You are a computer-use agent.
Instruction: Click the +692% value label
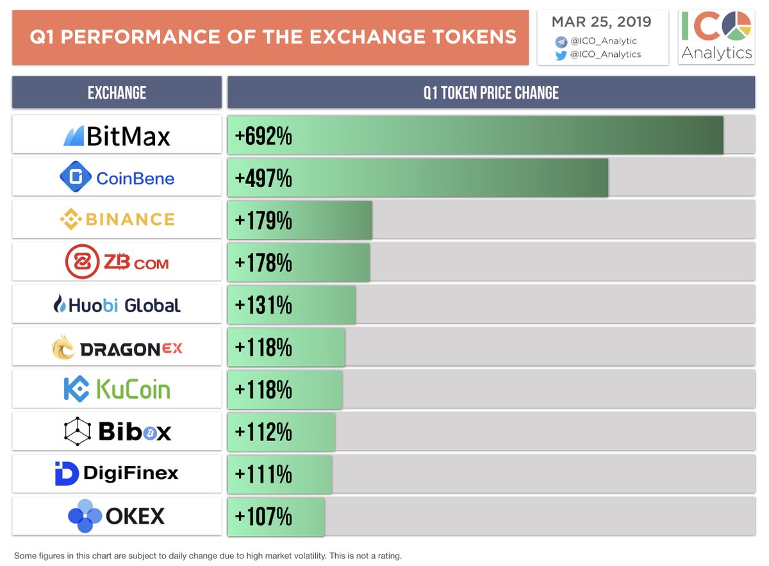[x=263, y=136]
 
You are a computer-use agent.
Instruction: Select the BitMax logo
[x=117, y=136]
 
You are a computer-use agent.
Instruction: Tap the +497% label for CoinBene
[x=263, y=178]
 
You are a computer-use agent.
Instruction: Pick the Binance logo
[x=117, y=220]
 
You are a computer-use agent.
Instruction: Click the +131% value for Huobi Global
[x=263, y=305]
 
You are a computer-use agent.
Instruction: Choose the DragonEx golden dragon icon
[x=64, y=348]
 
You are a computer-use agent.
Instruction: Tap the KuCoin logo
[x=117, y=390]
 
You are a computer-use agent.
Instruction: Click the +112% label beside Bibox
[x=263, y=432]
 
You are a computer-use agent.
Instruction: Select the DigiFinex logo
[x=117, y=474]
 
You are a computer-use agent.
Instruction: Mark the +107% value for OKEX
[x=263, y=516]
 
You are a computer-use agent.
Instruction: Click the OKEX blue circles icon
[x=85, y=517]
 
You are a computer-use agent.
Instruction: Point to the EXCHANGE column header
[x=117, y=93]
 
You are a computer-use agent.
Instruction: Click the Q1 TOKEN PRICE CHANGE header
[x=491, y=93]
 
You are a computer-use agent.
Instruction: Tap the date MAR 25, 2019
[x=602, y=22]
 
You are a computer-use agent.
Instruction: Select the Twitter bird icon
[x=561, y=54]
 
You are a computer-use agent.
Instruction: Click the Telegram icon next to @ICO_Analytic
[x=561, y=41]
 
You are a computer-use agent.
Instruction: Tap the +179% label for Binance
[x=263, y=220]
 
